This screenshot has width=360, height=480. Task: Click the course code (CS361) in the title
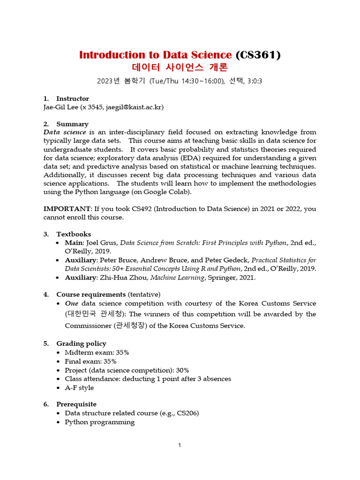pyautogui.click(x=258, y=55)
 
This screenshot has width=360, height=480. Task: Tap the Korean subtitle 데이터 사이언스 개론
pyautogui.click(x=180, y=67)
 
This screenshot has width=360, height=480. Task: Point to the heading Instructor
pyautogui.click(x=72, y=98)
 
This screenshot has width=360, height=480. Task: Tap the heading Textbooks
pyautogui.click(x=74, y=234)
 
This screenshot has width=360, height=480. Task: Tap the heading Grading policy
pyautogui.click(x=81, y=344)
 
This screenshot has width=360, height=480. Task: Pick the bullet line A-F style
pyautogui.click(x=79, y=388)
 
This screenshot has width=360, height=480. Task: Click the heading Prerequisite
pyautogui.click(x=76, y=404)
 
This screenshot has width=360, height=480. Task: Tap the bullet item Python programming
pyautogui.click(x=99, y=422)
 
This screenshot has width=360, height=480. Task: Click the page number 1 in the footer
pyautogui.click(x=180, y=445)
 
